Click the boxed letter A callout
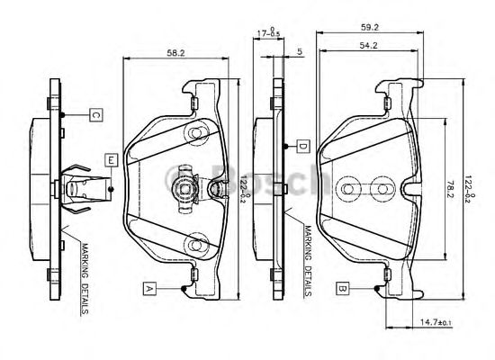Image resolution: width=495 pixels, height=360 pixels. (148, 288)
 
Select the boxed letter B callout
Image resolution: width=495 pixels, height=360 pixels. (343, 288)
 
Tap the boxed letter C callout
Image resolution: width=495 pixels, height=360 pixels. (95, 114)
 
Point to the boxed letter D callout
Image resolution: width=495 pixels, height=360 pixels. (303, 146)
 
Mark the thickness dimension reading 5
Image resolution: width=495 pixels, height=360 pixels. (299, 51)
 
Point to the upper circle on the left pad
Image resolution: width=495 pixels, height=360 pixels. (194, 134)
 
